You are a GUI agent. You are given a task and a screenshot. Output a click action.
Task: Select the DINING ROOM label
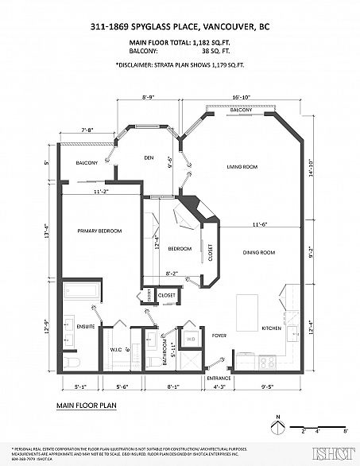[x=258, y=252]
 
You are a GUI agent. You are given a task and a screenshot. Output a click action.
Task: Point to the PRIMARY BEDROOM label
[x=99, y=231]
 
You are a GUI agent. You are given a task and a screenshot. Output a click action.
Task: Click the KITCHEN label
[x=272, y=328]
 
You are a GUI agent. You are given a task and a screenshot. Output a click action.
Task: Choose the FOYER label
[x=219, y=336]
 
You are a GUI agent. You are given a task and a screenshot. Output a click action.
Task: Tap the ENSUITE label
[x=86, y=326]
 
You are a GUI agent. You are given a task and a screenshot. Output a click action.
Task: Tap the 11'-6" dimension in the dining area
[x=254, y=224]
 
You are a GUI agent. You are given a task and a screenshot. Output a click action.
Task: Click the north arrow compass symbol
[x=277, y=429]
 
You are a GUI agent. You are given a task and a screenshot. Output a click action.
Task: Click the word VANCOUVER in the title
[x=230, y=26]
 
